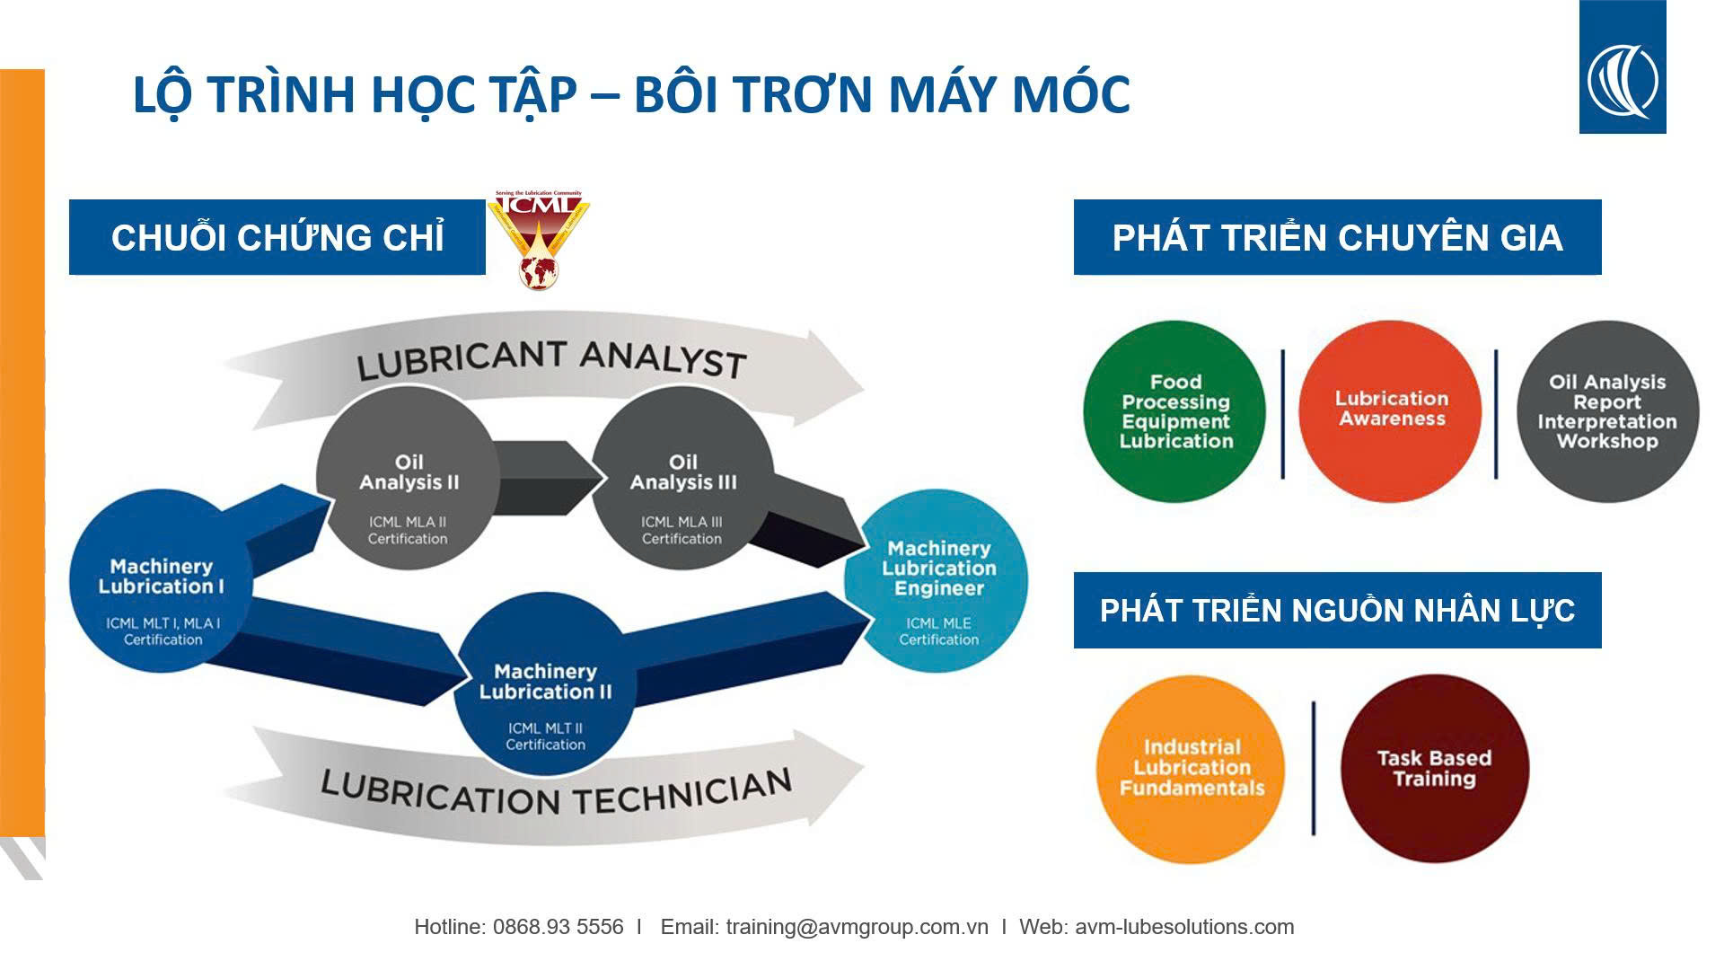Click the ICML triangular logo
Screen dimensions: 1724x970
pos(538,239)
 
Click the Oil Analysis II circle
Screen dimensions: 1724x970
pos(409,481)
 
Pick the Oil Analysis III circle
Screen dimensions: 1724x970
pos(682,481)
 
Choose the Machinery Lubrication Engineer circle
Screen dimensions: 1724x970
pos(937,580)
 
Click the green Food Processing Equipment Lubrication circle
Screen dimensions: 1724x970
pos(1174,412)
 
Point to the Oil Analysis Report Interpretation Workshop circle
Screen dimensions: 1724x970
pos(1607,412)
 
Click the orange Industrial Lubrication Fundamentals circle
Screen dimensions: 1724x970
pos(1191,769)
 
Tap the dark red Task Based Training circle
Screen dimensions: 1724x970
pos(1435,769)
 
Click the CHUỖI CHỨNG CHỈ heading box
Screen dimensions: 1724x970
pos(277,237)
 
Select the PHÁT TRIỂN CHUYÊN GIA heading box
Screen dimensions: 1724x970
pos(1338,237)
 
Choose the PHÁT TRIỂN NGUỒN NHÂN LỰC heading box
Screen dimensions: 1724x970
pos(1338,610)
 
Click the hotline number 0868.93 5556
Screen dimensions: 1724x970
pos(558,927)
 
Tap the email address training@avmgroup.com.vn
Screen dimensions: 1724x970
pos(857,927)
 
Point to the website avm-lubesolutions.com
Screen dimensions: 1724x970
pos(1184,927)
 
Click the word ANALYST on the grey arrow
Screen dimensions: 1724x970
pos(664,358)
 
